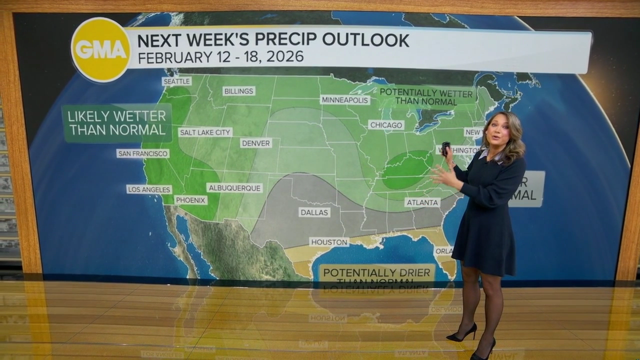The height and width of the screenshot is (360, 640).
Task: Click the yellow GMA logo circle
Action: pos(101,49)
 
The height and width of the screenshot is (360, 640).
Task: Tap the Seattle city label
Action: pos(176,81)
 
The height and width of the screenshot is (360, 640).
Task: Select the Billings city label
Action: pos(239,91)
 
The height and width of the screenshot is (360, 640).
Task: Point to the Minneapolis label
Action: pos(345,100)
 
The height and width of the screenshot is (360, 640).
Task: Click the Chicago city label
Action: pos(386,125)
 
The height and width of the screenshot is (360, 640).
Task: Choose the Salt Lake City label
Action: pos(205,132)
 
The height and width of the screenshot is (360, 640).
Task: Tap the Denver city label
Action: pos(256,143)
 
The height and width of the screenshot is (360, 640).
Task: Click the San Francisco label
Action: pos(143,153)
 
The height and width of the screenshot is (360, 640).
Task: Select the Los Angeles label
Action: pos(149,189)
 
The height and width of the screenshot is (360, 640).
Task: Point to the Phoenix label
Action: pos(191,200)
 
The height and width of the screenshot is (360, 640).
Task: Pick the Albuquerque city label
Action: pos(234,188)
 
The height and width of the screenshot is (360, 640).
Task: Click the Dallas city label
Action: pos(314,212)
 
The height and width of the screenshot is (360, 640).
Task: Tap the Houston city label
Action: pos(329,242)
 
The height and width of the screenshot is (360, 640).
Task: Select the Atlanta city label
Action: pos(422,202)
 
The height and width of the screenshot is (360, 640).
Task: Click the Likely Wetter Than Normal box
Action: pos(117,123)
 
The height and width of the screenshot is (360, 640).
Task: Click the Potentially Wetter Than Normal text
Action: pos(426,97)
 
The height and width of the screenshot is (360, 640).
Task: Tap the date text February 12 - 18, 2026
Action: pos(220,57)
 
